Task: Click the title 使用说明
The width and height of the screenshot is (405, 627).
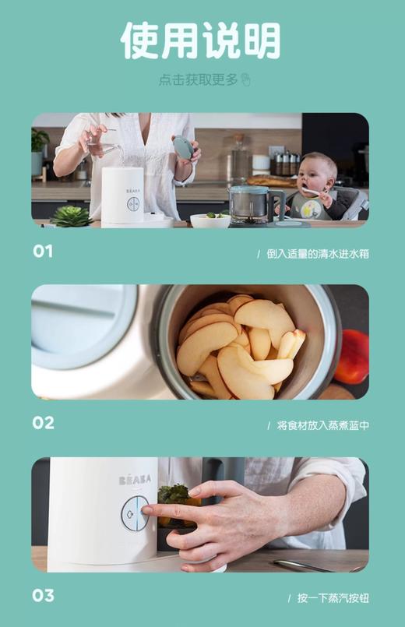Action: [x=200, y=41]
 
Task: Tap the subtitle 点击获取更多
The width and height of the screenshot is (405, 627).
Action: [x=198, y=80]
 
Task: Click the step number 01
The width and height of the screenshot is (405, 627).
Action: [x=44, y=252]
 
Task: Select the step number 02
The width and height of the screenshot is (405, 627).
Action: [x=44, y=423]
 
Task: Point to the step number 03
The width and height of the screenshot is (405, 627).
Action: [x=44, y=596]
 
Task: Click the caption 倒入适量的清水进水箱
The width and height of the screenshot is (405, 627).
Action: [x=316, y=254]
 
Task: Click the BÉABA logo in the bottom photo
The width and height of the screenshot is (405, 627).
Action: [x=135, y=480]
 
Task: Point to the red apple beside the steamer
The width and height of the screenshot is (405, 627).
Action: [x=354, y=357]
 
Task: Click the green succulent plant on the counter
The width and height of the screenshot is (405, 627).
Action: [x=72, y=216]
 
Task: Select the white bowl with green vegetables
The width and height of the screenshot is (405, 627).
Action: [x=210, y=220]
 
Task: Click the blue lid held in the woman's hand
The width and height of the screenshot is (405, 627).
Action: [x=182, y=148]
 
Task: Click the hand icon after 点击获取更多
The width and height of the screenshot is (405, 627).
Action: [x=246, y=80]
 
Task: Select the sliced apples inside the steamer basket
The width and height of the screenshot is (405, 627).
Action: [x=234, y=343]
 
